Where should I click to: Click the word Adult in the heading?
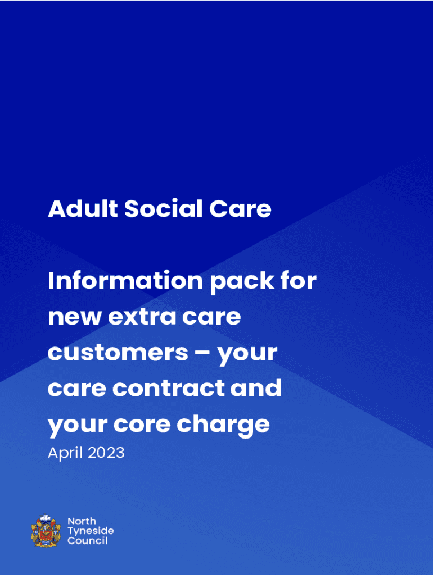[83, 209]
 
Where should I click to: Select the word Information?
[125, 281]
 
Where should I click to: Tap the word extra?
[142, 317]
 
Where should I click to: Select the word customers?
[118, 353]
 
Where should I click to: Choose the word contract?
[168, 389]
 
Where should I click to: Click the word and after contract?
[256, 387]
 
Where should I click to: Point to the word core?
[142, 425]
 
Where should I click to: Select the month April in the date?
[65, 453]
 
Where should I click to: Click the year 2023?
[106, 453]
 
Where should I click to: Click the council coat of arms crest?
[46, 531]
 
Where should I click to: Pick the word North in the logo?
[82, 521]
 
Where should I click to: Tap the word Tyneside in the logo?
[91, 531]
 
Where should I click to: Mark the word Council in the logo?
[87, 541]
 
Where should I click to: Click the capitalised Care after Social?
[240, 209]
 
